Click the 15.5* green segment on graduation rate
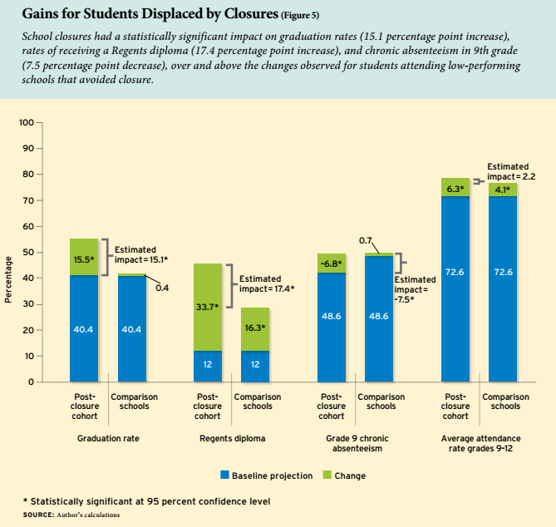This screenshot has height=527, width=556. coord(83,258)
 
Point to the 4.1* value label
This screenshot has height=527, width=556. coord(503,190)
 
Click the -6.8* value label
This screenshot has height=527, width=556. coord(331,263)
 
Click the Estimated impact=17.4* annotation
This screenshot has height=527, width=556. coord(266,284)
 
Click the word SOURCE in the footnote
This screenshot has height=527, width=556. coord(38,515)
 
